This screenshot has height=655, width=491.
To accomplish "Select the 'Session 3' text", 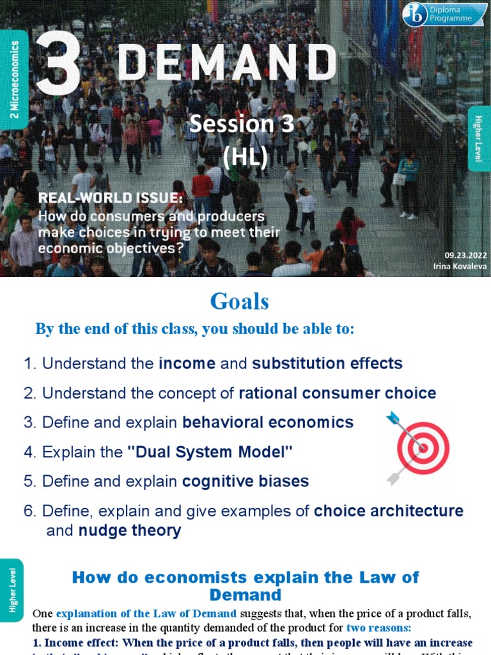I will coord(242,125).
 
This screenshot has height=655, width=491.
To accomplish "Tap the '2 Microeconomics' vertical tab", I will coord(14,79).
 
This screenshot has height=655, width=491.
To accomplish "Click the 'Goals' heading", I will coord(240,301).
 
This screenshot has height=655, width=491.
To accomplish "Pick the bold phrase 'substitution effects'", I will coord(327,363).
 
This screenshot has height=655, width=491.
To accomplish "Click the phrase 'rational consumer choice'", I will coord(338,393).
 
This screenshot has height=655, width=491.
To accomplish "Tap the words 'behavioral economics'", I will coord(268,422).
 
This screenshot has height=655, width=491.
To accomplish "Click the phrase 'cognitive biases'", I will coord(245,481).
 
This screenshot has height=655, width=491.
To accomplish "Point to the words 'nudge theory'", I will coord(130,530).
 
